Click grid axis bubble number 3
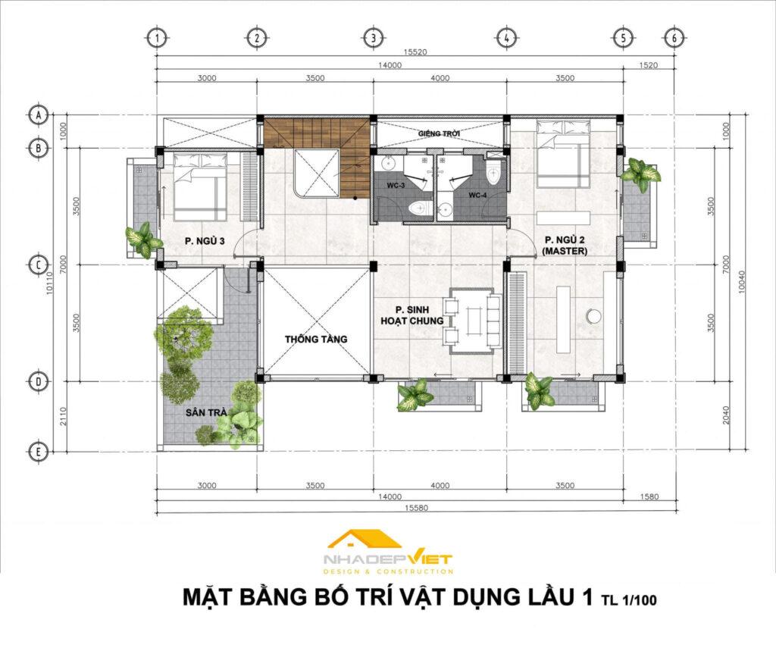pyautogui.click(x=373, y=38)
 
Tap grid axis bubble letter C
pyautogui.click(x=38, y=265)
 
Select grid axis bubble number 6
pyautogui.click(x=674, y=38)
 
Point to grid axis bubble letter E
pyautogui.click(x=38, y=452)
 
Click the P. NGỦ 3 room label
pyautogui.click(x=205, y=241)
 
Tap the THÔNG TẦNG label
pyautogui.click(x=316, y=339)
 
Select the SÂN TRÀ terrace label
pyautogui.click(x=206, y=412)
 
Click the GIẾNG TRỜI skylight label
pyautogui.click(x=439, y=133)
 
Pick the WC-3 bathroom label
pyautogui.click(x=396, y=186)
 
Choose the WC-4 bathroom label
pyautogui.click(x=477, y=195)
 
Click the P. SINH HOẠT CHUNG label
pyautogui.click(x=411, y=315)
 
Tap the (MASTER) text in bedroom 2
pyautogui.click(x=565, y=251)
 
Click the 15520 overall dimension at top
pyautogui.click(x=415, y=52)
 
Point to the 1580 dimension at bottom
pyautogui.click(x=649, y=496)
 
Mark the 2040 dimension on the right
pyautogui.click(x=726, y=415)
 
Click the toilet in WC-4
pyautogui.click(x=493, y=173)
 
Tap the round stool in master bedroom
pyautogui.click(x=593, y=315)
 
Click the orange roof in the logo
pyautogui.click(x=365, y=539)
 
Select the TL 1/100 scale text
pyautogui.click(x=629, y=600)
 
